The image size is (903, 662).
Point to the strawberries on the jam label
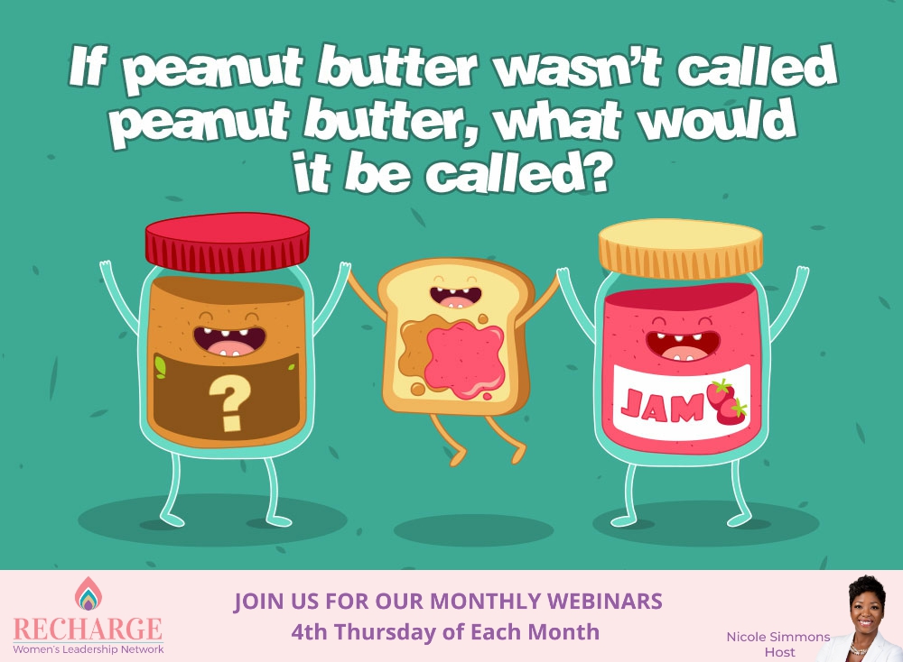[x=726, y=402]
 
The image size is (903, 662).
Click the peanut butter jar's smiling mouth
[x=229, y=341]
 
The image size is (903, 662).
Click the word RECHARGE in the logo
[x=88, y=629]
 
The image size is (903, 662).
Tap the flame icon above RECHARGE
[x=88, y=593]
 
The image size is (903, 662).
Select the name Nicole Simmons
[x=777, y=637]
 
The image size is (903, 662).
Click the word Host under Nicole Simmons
[x=777, y=652]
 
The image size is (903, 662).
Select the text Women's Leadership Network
[x=88, y=648]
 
